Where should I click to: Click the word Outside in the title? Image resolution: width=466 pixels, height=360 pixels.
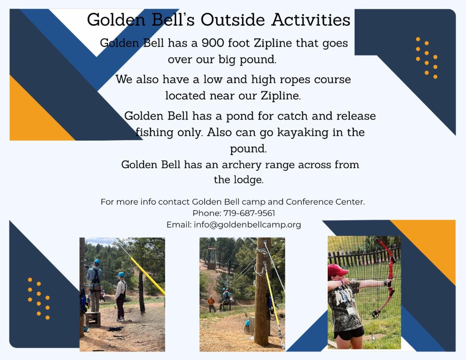(x=233, y=20)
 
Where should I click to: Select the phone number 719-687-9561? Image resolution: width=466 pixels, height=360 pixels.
(x=249, y=213)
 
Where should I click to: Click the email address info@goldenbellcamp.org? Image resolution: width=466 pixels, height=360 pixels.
(x=247, y=225)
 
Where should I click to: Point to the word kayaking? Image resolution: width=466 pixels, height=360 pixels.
(x=303, y=132)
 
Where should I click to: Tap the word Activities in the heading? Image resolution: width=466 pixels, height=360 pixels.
(x=311, y=20)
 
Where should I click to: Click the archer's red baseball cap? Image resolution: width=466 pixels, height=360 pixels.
(x=337, y=270)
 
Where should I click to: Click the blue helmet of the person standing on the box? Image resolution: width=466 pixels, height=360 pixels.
(x=97, y=261)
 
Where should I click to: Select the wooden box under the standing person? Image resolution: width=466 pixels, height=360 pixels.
(x=93, y=320)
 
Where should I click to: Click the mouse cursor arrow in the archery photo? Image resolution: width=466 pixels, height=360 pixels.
(x=374, y=338)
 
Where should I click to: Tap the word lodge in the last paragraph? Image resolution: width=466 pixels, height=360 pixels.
(x=248, y=180)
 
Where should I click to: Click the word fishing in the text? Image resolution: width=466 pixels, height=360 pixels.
(x=155, y=132)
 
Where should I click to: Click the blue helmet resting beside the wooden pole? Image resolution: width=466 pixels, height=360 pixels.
(x=247, y=323)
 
